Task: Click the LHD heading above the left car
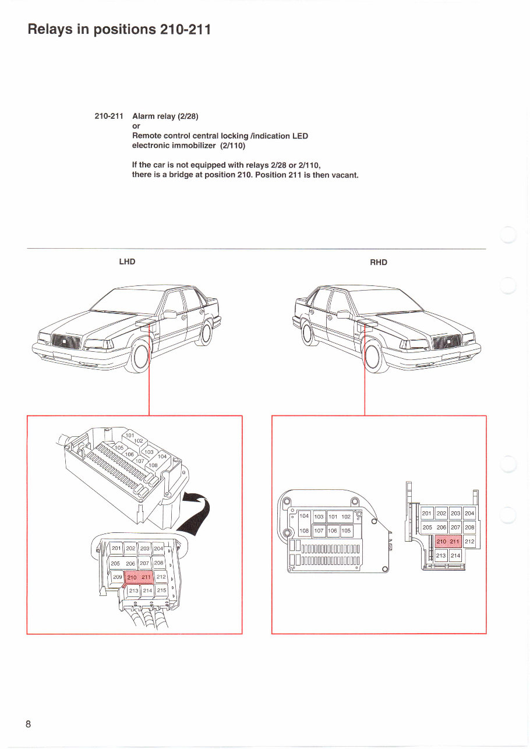coord(127,262)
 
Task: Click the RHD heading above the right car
coord(379,263)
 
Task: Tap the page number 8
coord(28,724)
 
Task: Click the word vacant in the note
coord(344,174)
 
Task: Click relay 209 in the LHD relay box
coord(117,577)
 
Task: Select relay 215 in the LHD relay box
coord(161,591)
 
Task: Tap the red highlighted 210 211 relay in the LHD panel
coord(139,577)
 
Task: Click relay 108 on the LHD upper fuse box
coord(154,466)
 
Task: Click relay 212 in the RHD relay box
coord(469,542)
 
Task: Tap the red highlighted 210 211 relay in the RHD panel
coord(448,542)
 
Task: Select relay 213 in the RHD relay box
coord(441,556)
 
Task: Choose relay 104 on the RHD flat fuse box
coord(304,517)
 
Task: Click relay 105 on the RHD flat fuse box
coord(346,531)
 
